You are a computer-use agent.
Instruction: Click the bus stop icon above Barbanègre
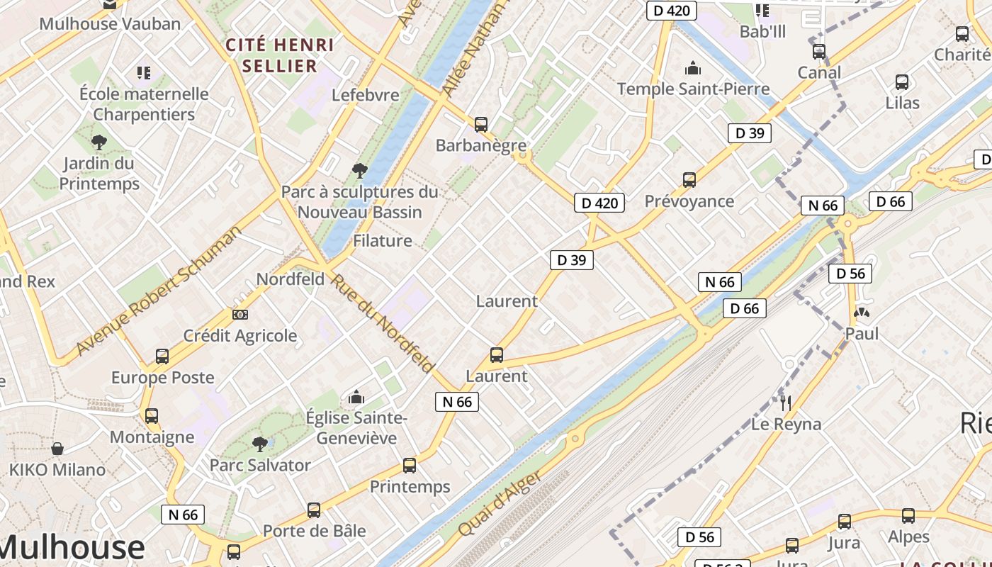tap(481, 125)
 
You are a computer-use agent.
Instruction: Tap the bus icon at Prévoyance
tap(689, 180)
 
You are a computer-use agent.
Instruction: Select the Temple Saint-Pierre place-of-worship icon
tap(693, 69)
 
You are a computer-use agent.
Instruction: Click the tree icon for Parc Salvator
tap(260, 444)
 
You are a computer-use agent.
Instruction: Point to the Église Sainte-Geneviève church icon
tap(356, 397)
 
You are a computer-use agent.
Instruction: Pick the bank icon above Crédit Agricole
tap(240, 314)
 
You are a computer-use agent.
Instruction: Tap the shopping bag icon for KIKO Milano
tap(57, 449)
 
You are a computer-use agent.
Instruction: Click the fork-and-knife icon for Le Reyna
tap(786, 403)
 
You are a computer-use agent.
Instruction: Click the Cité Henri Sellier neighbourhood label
tap(279, 55)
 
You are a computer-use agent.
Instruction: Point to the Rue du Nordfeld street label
tap(382, 323)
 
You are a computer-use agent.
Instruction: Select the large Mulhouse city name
tap(71, 548)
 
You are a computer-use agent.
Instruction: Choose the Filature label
tap(383, 241)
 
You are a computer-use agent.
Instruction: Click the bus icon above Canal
tap(819, 52)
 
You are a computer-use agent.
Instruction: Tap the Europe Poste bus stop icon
tap(162, 357)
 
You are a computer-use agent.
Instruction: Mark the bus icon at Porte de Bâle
tap(314, 510)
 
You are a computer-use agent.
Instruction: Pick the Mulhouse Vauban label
tap(110, 23)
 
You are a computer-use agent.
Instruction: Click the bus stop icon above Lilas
tap(902, 82)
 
